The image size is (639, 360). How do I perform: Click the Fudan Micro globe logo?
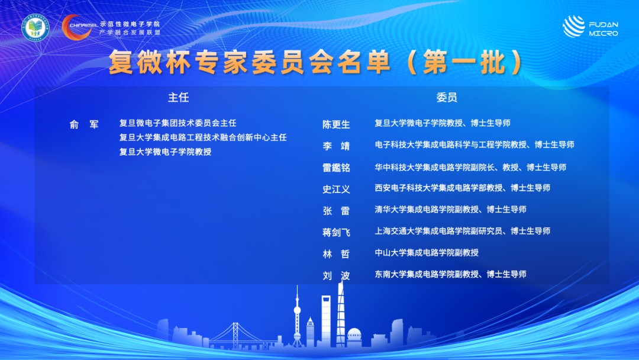pyautogui.click(x=573, y=27)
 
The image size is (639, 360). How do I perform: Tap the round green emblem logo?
pyautogui.click(x=35, y=28)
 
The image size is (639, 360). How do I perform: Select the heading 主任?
pyautogui.click(x=179, y=98)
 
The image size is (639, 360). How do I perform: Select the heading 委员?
pyautogui.click(x=447, y=98)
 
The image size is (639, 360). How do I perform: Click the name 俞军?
pyautogui.click(x=84, y=124)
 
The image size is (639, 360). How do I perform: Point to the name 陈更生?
pyautogui.click(x=336, y=124)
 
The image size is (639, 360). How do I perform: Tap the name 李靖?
pyautogui.click(x=336, y=146)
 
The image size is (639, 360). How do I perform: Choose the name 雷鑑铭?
pyautogui.click(x=336, y=168)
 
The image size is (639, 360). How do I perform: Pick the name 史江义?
pyautogui.click(x=336, y=189)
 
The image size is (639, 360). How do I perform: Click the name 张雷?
pyautogui.click(x=336, y=211)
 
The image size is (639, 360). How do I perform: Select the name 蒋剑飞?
pyautogui.click(x=336, y=232)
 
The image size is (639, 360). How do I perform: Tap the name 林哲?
pyautogui.click(x=336, y=254)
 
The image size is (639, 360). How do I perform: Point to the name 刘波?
pyautogui.click(x=336, y=275)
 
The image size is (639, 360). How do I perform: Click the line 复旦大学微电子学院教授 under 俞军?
pyautogui.click(x=166, y=152)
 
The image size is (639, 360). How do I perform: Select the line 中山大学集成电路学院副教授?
pyautogui.click(x=427, y=252)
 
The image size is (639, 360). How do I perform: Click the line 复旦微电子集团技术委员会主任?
pyautogui.click(x=177, y=123)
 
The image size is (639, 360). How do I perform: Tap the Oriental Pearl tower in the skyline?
pyautogui.click(x=297, y=316)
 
